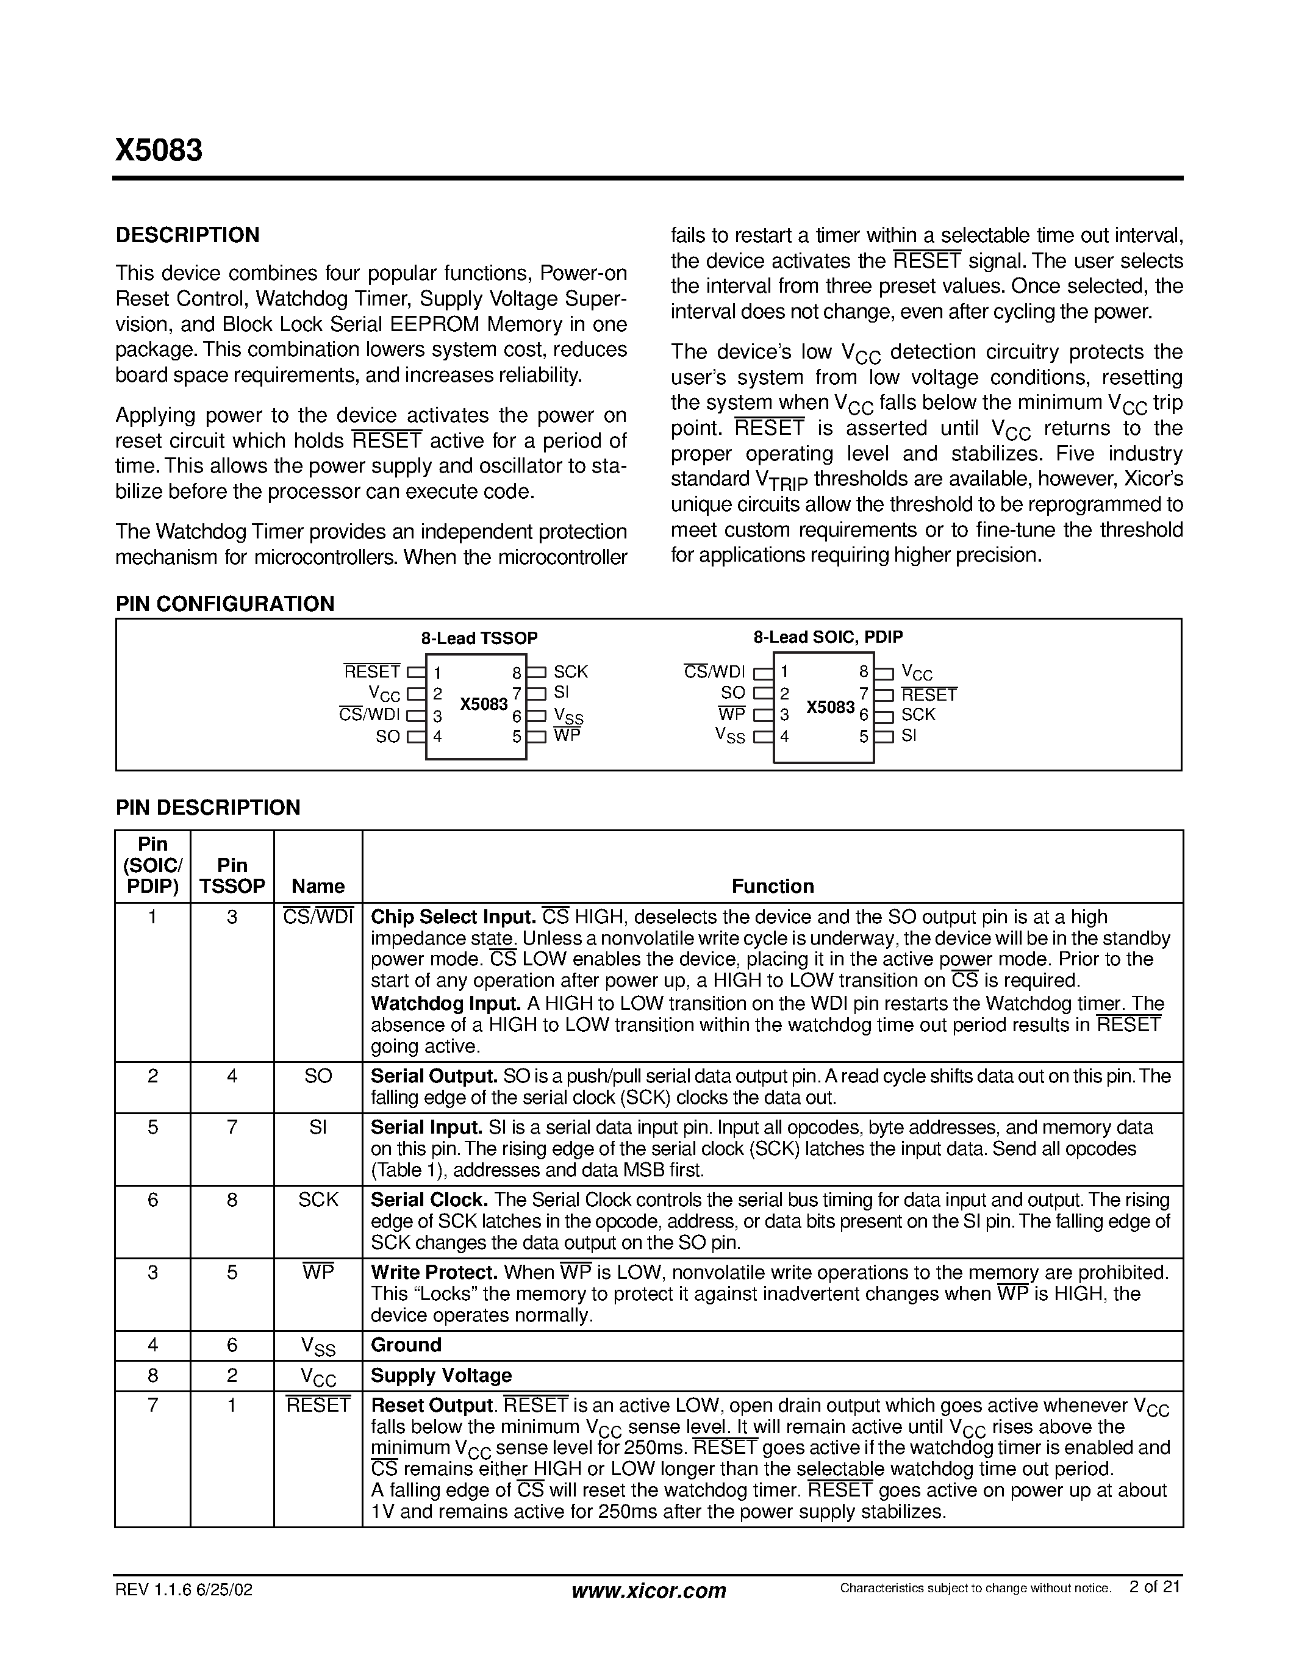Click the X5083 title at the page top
[x=159, y=151]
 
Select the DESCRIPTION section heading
[x=187, y=235]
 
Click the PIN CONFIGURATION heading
[x=225, y=604]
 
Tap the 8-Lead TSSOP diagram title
[x=479, y=638]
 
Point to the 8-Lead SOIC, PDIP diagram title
[x=828, y=637]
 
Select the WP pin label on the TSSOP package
[x=567, y=735]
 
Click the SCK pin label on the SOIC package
[x=918, y=715]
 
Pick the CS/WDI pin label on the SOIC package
[x=714, y=673]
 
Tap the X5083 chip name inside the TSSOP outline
[x=484, y=705]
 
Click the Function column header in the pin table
[x=772, y=886]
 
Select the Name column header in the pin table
[x=318, y=886]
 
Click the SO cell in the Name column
[x=318, y=1076]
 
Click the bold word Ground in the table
[x=406, y=1345]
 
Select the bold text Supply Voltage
[x=441, y=1375]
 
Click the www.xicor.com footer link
[x=649, y=1591]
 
